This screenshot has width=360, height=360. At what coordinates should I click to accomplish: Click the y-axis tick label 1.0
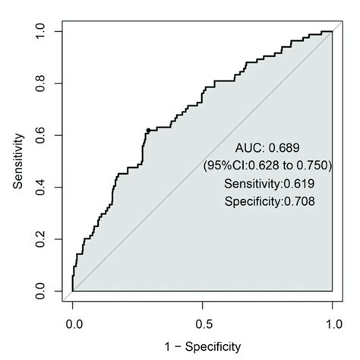tap(48, 32)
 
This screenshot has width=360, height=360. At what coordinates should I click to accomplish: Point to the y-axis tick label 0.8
tap(48, 84)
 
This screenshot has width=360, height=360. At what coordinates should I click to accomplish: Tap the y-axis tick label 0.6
tap(48, 136)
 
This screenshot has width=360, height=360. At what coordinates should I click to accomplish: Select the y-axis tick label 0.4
tap(48, 188)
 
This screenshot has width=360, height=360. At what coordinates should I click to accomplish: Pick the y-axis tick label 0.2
tap(48, 240)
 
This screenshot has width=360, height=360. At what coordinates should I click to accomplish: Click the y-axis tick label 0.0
tap(48, 292)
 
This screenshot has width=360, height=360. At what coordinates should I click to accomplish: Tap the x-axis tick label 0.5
tap(202, 322)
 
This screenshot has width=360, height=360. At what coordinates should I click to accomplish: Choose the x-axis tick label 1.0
tap(332, 322)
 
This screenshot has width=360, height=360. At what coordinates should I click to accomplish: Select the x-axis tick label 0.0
tap(73, 322)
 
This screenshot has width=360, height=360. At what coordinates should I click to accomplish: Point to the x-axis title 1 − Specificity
tap(202, 346)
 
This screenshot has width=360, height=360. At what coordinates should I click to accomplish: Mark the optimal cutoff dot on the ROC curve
tap(147, 130)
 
